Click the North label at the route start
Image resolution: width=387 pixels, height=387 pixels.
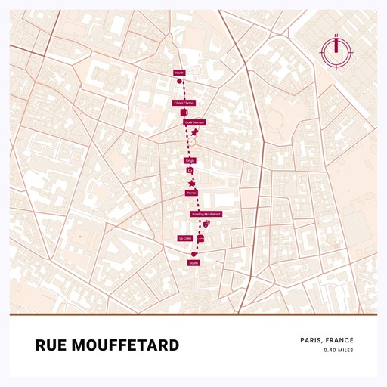pyautogui.click(x=179, y=73)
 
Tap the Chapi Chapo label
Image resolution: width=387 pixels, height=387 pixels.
pyautogui.click(x=184, y=103)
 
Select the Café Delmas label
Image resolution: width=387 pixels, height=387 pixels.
pyautogui.click(x=193, y=122)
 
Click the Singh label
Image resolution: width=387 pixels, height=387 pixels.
pyautogui.click(x=190, y=161)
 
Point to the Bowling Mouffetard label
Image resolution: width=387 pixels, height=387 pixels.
pyautogui.click(x=206, y=215)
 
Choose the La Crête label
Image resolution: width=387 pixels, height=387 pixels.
pyautogui.click(x=185, y=238)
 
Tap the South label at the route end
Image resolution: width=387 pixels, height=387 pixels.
pyautogui.click(x=193, y=263)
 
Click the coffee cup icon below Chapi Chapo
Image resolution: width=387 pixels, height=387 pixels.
pyautogui.click(x=184, y=112)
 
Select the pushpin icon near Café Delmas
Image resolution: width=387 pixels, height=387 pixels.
pyautogui.click(x=195, y=132)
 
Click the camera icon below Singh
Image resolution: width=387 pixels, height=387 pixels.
pyautogui.click(x=190, y=171)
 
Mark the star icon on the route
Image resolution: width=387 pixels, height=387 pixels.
pyautogui.click(x=192, y=182)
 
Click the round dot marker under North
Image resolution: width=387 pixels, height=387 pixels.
pyautogui.click(x=179, y=80)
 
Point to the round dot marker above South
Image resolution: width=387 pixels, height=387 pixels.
pyautogui.click(x=194, y=254)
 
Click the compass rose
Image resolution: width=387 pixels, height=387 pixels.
pyautogui.click(x=336, y=51)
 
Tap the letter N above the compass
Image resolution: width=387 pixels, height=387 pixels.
pyautogui.click(x=336, y=36)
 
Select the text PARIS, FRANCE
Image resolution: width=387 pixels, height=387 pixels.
pyautogui.click(x=327, y=340)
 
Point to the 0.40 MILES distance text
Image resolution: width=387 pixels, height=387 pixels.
pyautogui.click(x=338, y=351)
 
